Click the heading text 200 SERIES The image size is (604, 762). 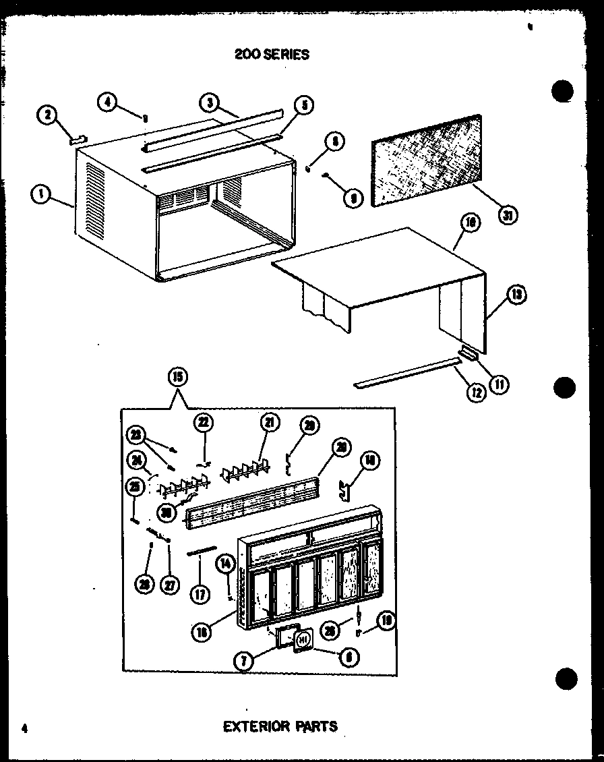[272, 55]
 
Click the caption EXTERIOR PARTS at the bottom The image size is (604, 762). [280, 726]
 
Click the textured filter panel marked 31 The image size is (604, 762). [425, 157]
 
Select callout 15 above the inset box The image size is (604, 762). [179, 376]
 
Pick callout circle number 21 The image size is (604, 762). [270, 423]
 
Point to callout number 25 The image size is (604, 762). [134, 486]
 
